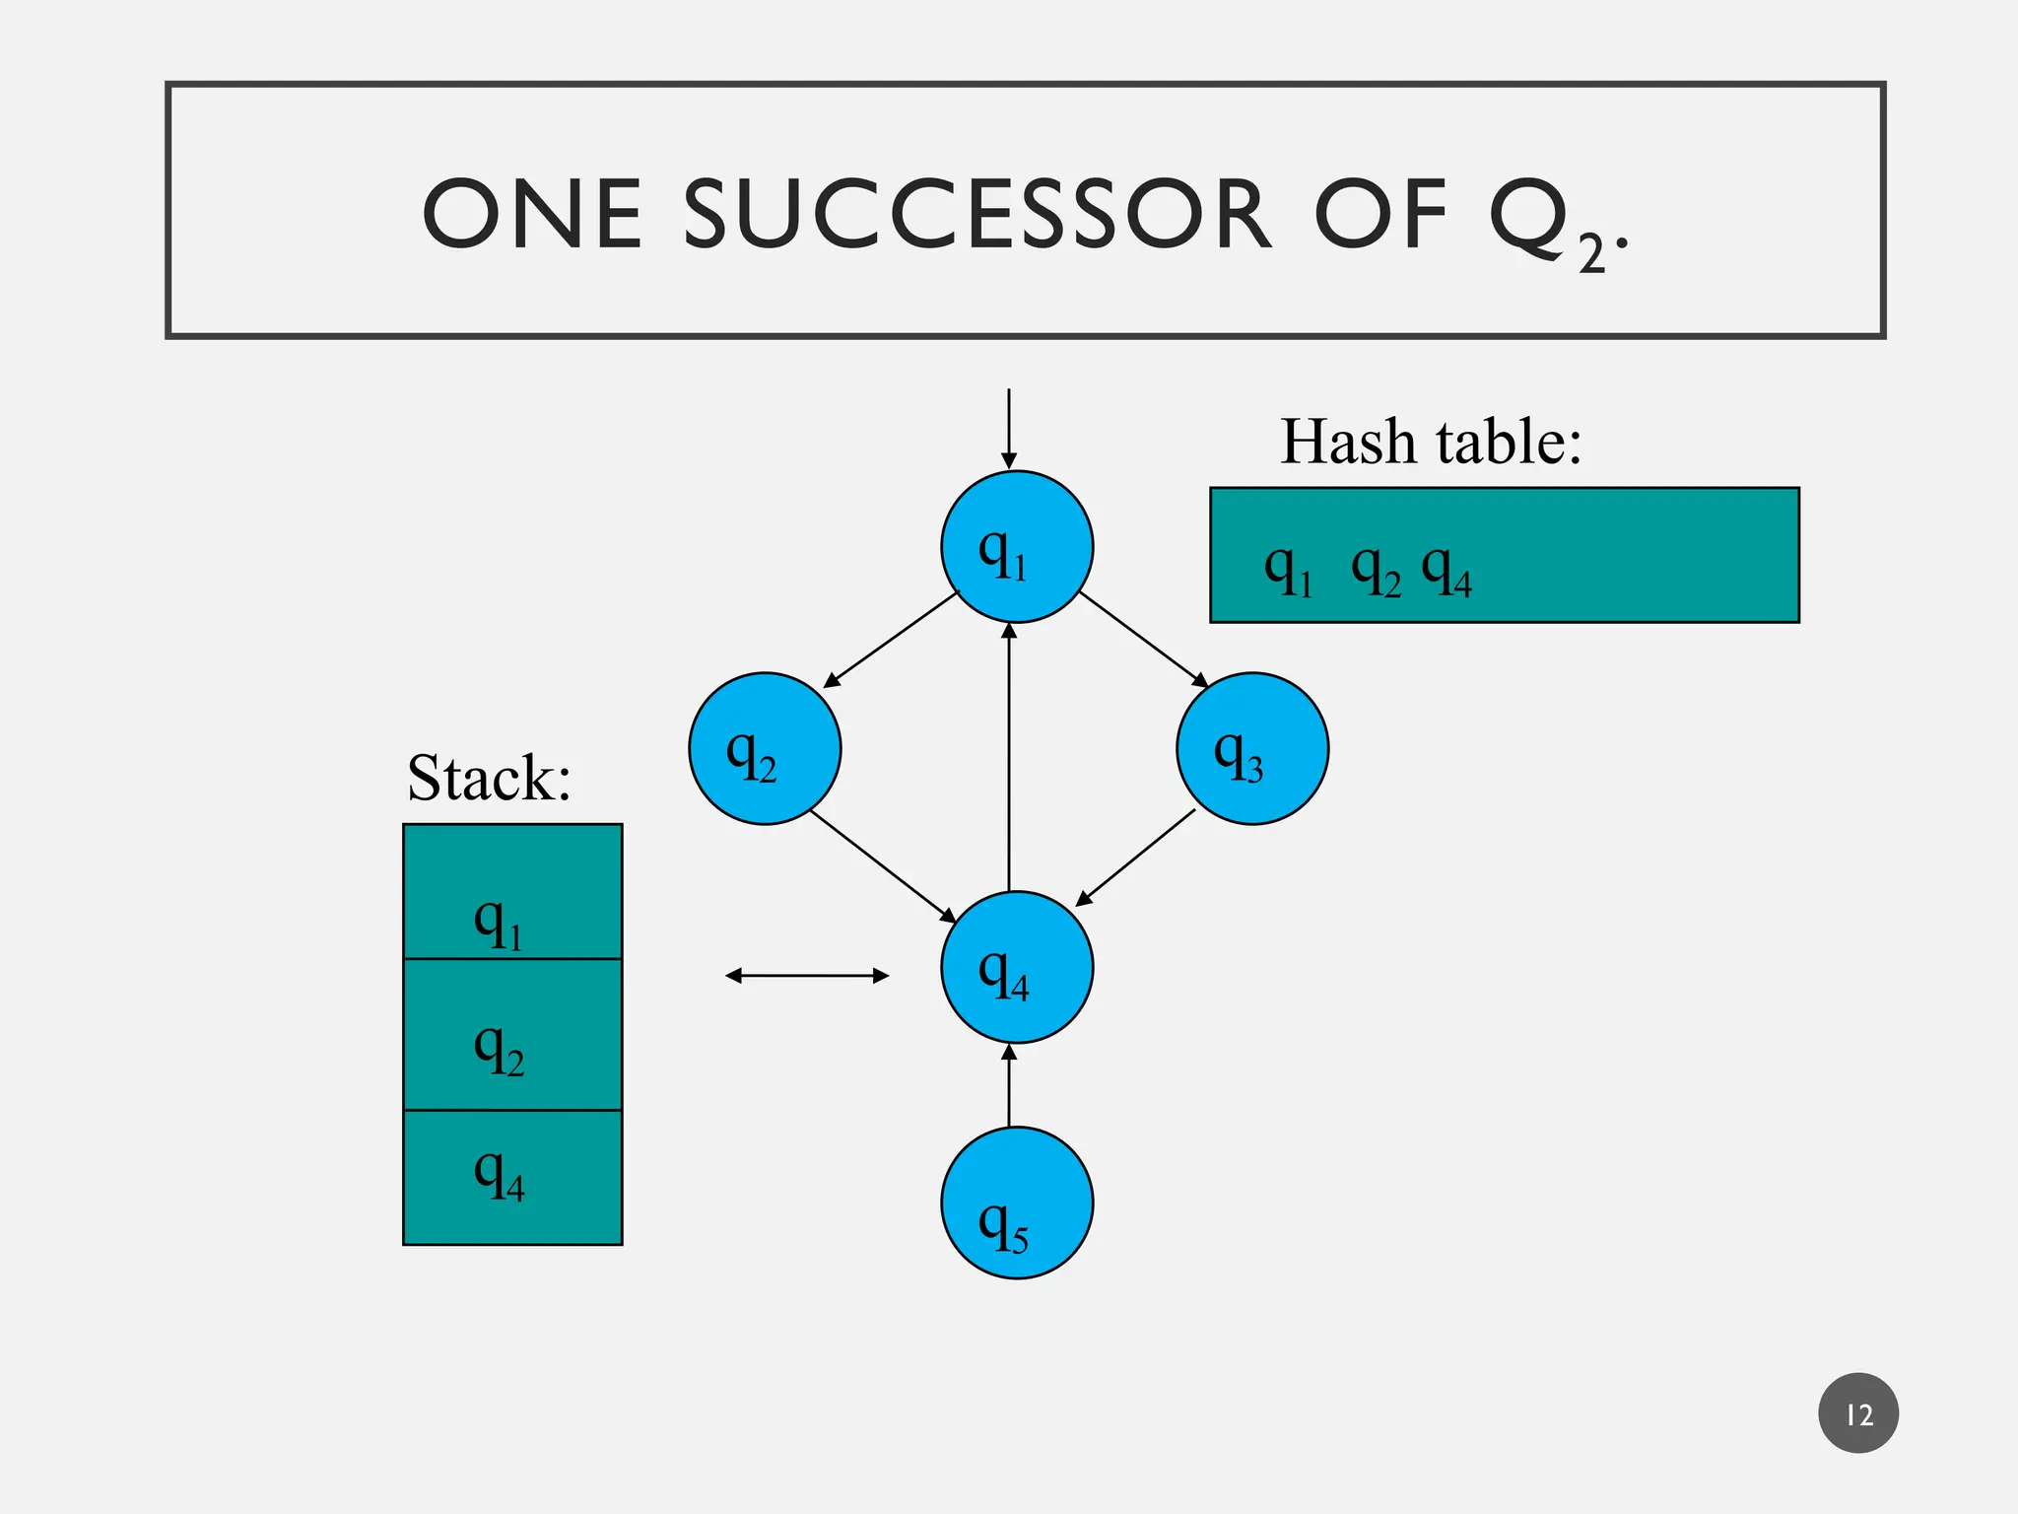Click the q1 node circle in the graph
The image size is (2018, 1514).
coord(1017,547)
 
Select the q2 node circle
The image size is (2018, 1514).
coord(765,749)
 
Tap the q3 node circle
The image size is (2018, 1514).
coord(1252,749)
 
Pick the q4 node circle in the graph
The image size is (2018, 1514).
coord(1017,967)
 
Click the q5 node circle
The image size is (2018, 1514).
coord(1017,1204)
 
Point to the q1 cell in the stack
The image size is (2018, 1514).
coord(512,892)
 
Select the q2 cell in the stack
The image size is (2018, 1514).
coord(512,1035)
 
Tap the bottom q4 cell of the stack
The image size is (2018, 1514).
coord(512,1178)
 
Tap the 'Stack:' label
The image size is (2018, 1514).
coord(490,778)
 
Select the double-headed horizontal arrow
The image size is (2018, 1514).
coord(807,976)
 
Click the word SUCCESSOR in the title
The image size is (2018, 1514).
coord(976,215)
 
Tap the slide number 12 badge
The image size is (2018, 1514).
coord(1858,1413)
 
